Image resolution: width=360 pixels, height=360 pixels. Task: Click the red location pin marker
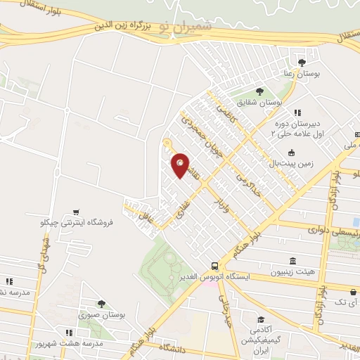[181, 165]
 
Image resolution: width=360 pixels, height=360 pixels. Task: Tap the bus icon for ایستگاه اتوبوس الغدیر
[214, 266]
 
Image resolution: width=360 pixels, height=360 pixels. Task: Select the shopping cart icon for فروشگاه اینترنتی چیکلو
[75, 212]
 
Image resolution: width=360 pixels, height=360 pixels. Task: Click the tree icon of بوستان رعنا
[311, 63]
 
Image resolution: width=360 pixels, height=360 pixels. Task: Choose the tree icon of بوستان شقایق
[259, 91]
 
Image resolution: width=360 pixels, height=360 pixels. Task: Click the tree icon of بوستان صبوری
[101, 304]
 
